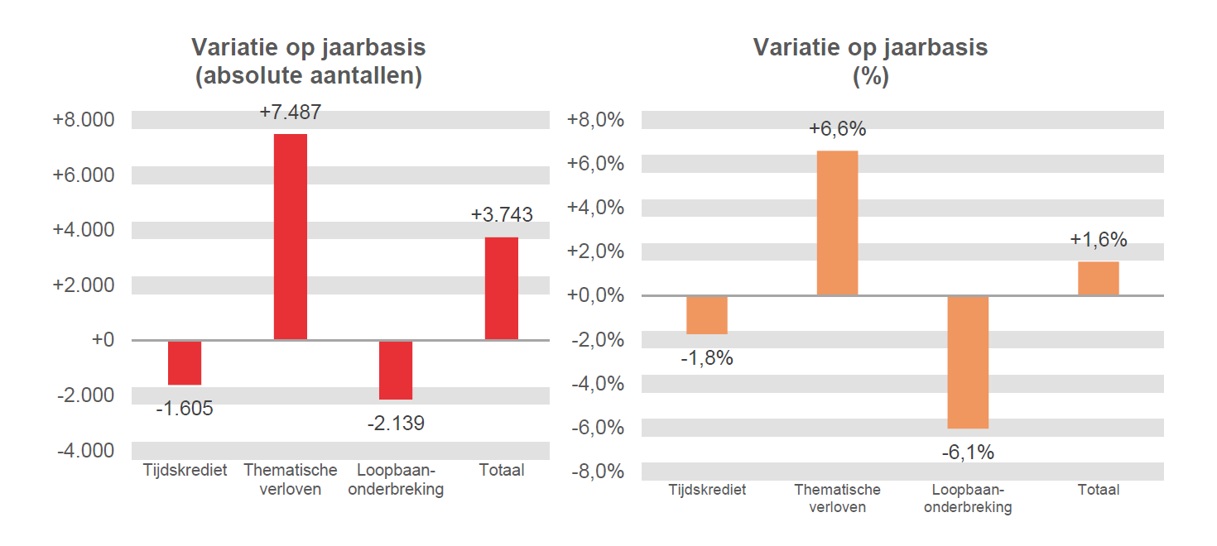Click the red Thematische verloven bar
[x=290, y=237]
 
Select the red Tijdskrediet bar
[x=185, y=362]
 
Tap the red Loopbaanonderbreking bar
[x=396, y=370]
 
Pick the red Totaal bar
[x=501, y=288]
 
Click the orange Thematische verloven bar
[x=837, y=223]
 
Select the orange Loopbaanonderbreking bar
[x=968, y=362]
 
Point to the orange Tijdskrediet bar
[x=707, y=315]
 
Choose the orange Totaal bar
[x=1098, y=279]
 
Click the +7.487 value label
[x=290, y=113]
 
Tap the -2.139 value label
[x=396, y=424]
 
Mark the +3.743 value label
[x=502, y=215]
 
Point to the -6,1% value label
[x=968, y=453]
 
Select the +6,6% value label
[x=837, y=129]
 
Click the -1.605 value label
[x=185, y=408]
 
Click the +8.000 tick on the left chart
[x=84, y=120]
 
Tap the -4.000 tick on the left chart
[x=85, y=451]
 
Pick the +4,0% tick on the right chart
[x=595, y=208]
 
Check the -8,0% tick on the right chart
[x=595, y=472]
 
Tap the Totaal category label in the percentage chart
[x=1098, y=490]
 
